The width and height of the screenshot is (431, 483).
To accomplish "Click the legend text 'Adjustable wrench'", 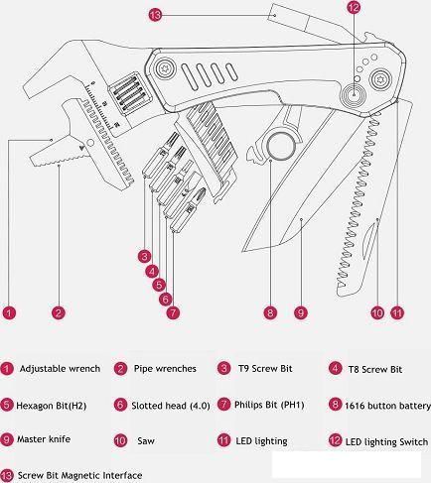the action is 60,369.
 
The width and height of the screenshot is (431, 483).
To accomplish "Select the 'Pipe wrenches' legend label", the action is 165,369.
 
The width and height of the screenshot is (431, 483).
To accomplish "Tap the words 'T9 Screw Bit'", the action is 265,369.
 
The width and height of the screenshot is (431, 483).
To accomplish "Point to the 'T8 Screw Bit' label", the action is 375,369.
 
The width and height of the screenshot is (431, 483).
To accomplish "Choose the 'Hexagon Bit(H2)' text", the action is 52,406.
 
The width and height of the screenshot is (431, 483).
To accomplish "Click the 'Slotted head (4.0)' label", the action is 171,406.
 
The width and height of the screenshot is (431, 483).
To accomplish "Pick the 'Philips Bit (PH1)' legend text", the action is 269,405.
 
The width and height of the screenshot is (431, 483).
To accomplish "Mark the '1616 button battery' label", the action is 387,406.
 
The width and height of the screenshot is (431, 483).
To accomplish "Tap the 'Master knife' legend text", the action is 44,439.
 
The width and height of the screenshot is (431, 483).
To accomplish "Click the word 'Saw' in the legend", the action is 146,440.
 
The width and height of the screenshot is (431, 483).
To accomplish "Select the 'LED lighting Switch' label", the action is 386,442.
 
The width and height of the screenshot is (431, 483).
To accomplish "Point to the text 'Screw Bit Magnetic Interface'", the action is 79,475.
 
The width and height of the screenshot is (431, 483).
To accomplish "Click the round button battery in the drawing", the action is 281,147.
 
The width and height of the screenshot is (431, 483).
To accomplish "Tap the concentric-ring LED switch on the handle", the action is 355,94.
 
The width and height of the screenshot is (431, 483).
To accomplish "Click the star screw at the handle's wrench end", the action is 165,68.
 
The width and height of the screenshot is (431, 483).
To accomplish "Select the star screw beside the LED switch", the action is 380,79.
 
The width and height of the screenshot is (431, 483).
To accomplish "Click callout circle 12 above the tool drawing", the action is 354,7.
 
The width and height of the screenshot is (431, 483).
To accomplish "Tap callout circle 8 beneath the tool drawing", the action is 270,312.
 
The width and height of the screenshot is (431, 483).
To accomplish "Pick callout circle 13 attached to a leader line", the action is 155,15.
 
